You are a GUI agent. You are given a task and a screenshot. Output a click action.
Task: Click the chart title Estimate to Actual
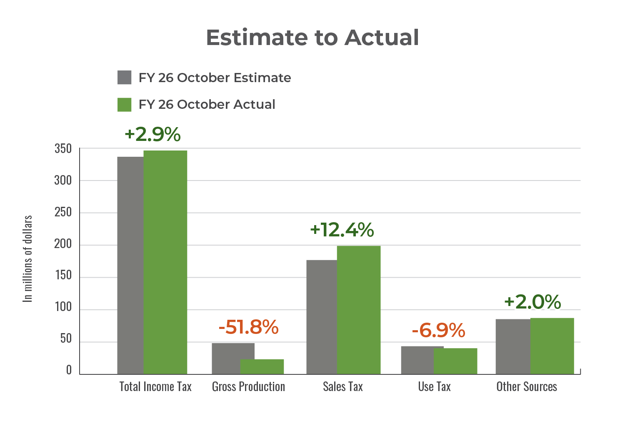point(312,38)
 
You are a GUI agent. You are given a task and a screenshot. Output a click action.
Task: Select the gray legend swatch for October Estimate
point(125,78)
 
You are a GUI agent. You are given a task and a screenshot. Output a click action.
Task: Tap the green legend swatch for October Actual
point(125,105)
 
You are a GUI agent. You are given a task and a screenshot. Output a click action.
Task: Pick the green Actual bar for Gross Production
point(262,366)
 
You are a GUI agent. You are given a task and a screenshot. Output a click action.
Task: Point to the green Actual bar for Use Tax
point(455,361)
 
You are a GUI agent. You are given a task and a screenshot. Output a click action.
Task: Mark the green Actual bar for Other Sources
point(552,346)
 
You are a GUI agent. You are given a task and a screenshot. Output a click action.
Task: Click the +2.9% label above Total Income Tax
point(152,134)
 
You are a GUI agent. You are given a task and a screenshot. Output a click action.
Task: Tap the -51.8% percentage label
point(248,327)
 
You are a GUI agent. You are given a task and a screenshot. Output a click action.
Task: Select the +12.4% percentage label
point(342,230)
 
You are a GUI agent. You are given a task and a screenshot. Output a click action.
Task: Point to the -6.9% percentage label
point(438,331)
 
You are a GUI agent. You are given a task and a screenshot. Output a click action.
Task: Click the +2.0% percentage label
point(532,302)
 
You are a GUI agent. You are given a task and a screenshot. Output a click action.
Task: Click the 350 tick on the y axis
point(63,149)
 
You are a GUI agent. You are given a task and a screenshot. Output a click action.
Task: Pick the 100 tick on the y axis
point(63,307)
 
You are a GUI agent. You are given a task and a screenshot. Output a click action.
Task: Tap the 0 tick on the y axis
point(69,371)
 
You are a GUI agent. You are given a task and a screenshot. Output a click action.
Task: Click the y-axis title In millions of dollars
point(28,259)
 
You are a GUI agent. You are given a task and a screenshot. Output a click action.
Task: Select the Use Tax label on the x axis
point(434,387)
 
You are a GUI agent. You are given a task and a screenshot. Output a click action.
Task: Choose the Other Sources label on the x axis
point(526,387)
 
